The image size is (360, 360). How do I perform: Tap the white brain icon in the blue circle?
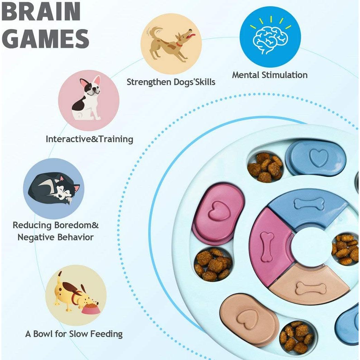point(270,38)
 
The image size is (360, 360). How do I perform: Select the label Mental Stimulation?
point(269,75)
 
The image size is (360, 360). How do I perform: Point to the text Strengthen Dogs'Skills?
point(171,82)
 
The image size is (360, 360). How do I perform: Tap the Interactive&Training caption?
point(89,139)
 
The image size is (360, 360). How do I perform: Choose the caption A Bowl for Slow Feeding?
point(74,334)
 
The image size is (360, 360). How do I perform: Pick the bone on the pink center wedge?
point(267,246)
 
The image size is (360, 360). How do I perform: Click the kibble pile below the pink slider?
point(213,264)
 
